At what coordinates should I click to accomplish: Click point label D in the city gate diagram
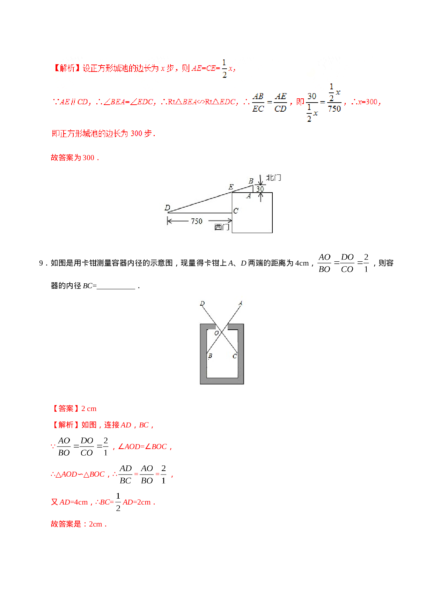pyautogui.click(x=167, y=208)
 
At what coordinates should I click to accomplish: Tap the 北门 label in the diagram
pyautogui.click(x=273, y=178)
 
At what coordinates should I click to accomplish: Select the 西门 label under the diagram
pyautogui.click(x=222, y=227)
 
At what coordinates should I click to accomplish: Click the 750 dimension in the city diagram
pyautogui.click(x=197, y=221)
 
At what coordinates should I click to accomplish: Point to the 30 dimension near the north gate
pyautogui.click(x=260, y=189)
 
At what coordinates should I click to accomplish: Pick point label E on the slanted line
pyautogui.click(x=231, y=187)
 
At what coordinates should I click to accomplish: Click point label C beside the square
pyautogui.click(x=236, y=211)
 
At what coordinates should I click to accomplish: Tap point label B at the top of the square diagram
pyautogui.click(x=251, y=181)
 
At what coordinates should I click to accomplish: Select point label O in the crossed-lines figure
pyautogui.click(x=216, y=333)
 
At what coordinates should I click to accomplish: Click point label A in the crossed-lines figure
pyautogui.click(x=240, y=303)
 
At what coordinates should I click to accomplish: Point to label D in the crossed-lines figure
pyautogui.click(x=202, y=303)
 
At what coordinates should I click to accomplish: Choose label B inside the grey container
pyautogui.click(x=210, y=356)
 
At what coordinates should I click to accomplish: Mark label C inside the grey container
pyautogui.click(x=235, y=356)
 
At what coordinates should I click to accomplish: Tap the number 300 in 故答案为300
pyautogui.click(x=89, y=158)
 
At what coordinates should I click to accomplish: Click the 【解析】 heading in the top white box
pyautogui.click(x=66, y=68)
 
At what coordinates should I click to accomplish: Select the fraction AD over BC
pyautogui.click(x=125, y=474)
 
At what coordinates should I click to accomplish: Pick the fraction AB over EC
pyautogui.click(x=258, y=102)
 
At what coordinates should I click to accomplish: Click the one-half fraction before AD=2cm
pyautogui.click(x=118, y=502)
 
